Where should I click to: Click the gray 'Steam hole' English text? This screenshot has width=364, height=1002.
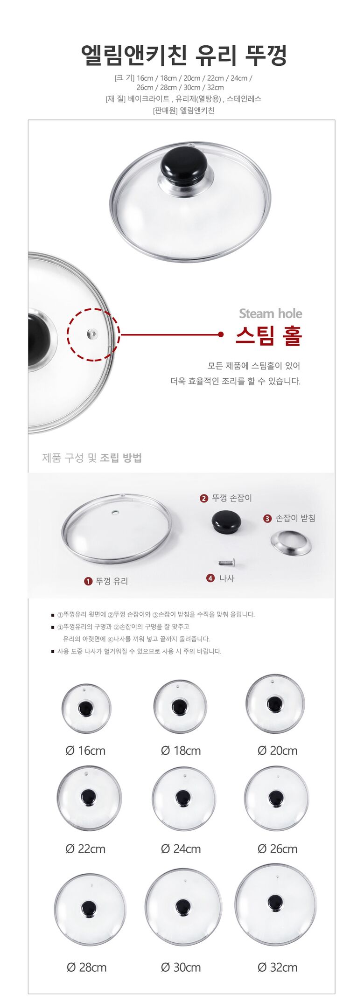click(270, 313)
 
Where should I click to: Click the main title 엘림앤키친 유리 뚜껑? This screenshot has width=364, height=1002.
click(183, 55)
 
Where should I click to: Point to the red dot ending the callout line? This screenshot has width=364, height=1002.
click(221, 334)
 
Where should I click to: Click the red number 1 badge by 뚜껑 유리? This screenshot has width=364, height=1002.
click(88, 581)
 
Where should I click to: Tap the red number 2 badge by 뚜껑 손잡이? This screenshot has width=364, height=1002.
click(204, 498)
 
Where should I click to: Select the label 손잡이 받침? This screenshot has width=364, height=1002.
click(295, 518)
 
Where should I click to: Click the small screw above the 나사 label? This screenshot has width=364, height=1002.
click(227, 563)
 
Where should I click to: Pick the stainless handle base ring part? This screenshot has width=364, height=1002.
click(291, 543)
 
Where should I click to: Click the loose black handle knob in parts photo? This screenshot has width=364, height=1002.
click(226, 522)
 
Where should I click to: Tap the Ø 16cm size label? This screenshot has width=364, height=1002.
click(85, 751)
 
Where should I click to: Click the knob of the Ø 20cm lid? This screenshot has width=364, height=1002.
click(275, 704)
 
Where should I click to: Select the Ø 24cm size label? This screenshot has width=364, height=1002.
click(181, 849)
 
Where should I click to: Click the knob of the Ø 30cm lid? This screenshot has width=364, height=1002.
click(183, 907)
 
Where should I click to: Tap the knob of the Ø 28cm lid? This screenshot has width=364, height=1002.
click(89, 909)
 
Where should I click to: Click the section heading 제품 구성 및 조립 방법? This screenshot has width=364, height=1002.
click(92, 458)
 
